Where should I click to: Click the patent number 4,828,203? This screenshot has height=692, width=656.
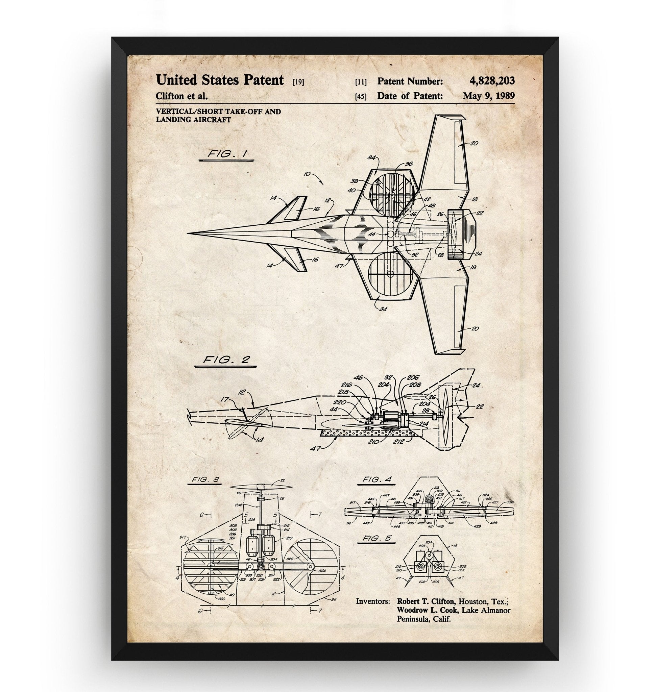[492, 81]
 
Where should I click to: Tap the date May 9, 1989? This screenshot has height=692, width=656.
[488, 96]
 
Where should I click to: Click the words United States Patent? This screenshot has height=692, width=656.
[220, 80]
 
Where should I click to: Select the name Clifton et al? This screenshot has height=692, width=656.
[181, 96]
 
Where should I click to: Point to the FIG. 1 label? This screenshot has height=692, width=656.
[226, 154]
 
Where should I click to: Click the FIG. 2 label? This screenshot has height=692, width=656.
[226, 360]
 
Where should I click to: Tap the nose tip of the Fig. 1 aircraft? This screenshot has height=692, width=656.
[188, 232]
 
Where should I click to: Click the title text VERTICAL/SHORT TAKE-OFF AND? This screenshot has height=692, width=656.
[219, 112]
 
